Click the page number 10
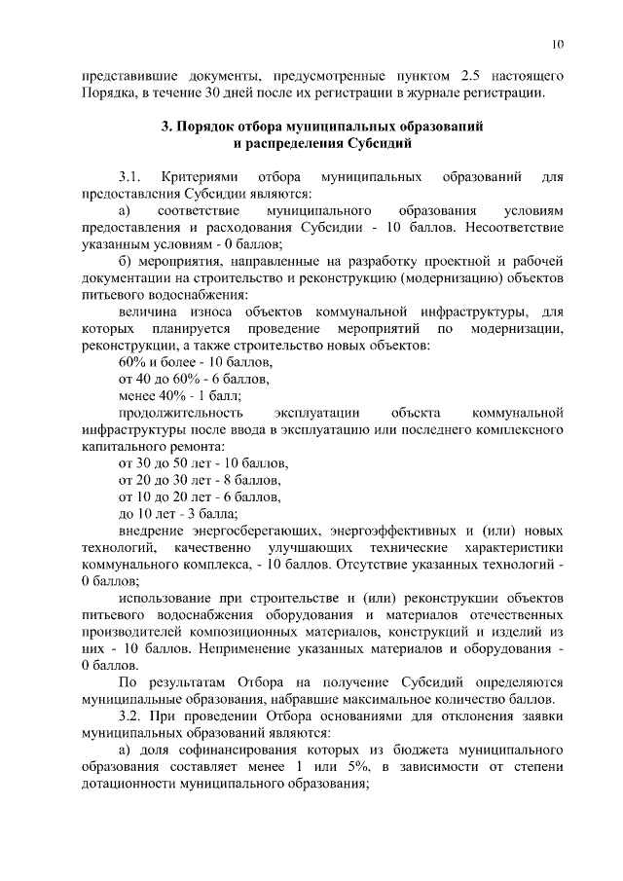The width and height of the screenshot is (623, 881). [x=557, y=44]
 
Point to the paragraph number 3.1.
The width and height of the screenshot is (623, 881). [x=130, y=179]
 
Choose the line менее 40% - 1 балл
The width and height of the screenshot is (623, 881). [x=180, y=395]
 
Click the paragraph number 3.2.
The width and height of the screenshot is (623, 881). [x=130, y=716]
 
